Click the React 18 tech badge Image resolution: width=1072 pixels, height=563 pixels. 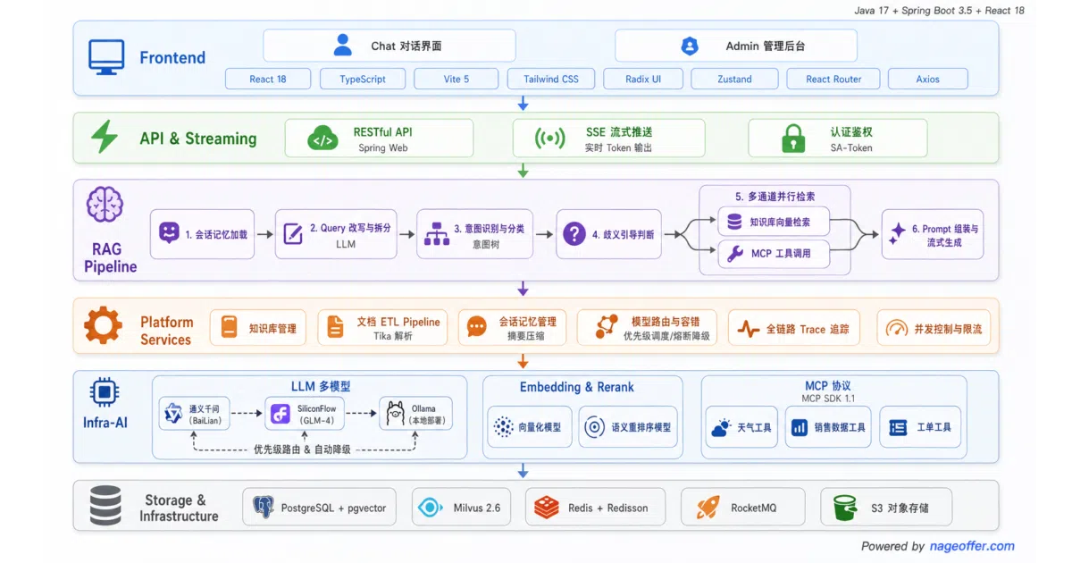(268, 79)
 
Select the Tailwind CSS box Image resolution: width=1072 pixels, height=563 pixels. (551, 79)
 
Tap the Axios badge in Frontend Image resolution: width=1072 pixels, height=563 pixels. (927, 79)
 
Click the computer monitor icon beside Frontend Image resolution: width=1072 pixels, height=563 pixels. (106, 57)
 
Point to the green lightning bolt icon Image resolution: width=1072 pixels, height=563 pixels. (105, 137)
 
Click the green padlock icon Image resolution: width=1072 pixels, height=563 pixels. (793, 139)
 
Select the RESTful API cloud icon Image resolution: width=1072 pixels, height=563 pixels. (322, 138)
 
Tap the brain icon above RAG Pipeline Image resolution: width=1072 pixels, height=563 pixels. (105, 205)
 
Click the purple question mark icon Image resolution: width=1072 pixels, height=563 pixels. (574, 234)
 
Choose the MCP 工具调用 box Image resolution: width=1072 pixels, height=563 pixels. (774, 253)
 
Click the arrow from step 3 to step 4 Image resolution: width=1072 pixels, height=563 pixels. (544, 234)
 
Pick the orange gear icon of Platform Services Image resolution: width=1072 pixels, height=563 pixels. (103, 325)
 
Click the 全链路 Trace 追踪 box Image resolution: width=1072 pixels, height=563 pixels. (794, 329)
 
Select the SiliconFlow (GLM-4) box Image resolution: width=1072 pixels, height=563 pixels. (305, 414)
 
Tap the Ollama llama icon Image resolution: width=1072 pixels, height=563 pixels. (395, 413)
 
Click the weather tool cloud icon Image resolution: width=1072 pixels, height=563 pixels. (721, 427)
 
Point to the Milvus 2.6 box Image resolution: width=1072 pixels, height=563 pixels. (461, 508)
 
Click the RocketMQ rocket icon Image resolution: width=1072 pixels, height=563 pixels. (708, 508)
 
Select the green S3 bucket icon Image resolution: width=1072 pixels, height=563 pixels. (845, 508)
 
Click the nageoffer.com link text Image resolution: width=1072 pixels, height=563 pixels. (972, 546)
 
